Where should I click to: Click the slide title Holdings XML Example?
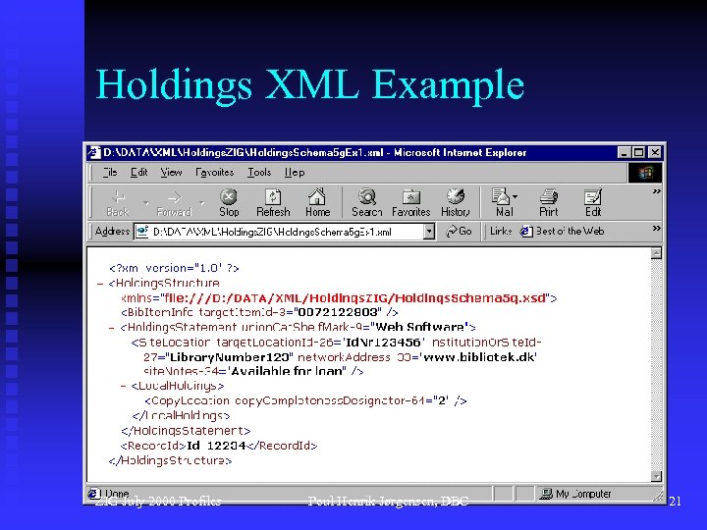(x=309, y=85)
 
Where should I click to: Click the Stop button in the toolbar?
(x=229, y=202)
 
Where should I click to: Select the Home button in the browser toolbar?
(x=317, y=202)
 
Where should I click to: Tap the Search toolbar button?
(x=367, y=202)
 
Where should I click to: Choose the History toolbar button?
(x=455, y=202)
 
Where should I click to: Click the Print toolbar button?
(x=549, y=202)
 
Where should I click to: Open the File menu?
(x=111, y=172)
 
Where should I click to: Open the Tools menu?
(x=259, y=172)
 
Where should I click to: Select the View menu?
(x=171, y=172)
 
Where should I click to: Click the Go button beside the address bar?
(x=459, y=232)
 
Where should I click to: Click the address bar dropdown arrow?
(x=429, y=232)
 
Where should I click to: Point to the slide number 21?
(x=675, y=502)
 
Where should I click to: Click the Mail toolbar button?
(x=505, y=202)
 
